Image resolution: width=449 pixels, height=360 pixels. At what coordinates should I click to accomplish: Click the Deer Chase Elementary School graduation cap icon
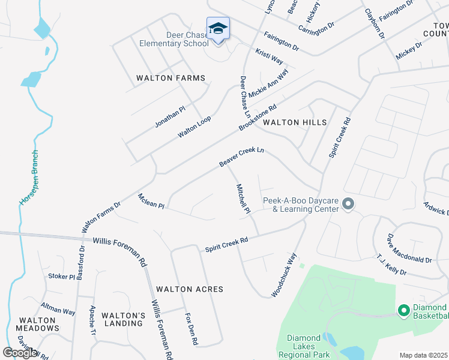[218, 29]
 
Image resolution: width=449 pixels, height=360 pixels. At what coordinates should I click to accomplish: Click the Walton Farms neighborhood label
[170, 78]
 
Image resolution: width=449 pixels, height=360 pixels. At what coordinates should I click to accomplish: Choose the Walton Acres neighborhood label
[189, 289]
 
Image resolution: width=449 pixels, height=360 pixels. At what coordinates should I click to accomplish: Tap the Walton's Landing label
[123, 319]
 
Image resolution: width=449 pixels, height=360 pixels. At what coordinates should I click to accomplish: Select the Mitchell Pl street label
[243, 199]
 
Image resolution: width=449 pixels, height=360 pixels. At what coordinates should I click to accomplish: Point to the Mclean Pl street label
[151, 201]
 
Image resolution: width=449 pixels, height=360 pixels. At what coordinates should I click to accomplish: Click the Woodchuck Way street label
[284, 275]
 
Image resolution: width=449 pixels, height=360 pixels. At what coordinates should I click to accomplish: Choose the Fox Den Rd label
[191, 329]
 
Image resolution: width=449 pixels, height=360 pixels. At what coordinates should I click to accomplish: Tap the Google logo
[20, 353]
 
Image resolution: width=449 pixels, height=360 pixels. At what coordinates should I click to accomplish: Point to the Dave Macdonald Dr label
[409, 248]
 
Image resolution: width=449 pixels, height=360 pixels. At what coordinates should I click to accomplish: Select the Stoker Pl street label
[61, 277]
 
